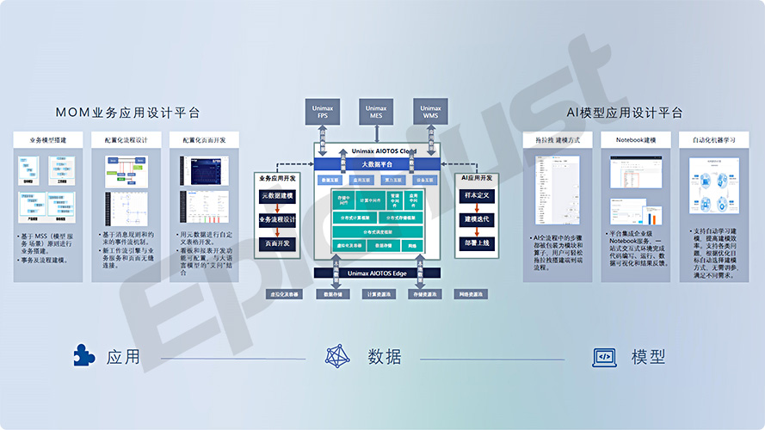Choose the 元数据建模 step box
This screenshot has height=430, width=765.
pos(277,197)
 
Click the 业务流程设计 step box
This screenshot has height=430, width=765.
pos(277,220)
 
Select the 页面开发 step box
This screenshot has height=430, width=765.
pos(277,243)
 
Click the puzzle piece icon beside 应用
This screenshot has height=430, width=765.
pos(84,356)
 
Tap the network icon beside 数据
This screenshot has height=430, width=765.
pos(337,356)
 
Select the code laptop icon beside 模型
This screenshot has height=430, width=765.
pos(604,356)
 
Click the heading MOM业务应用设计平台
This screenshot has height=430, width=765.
pos(127,113)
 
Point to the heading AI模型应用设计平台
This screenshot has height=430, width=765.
pos(625,113)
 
